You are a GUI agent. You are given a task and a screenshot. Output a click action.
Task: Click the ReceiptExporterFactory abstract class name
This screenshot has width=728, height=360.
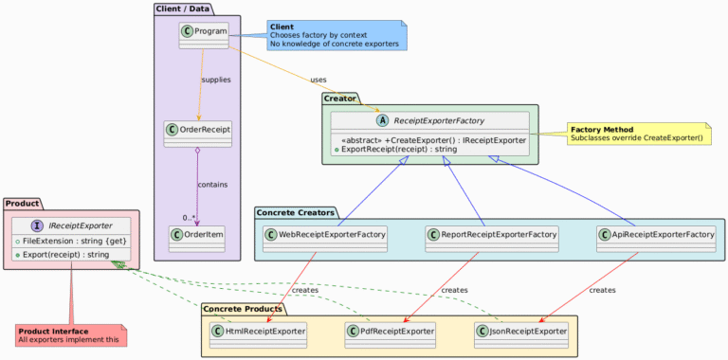click(439, 120)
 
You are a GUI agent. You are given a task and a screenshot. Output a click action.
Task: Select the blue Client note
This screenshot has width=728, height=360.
click(337, 35)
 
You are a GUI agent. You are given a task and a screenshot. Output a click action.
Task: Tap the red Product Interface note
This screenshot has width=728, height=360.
click(71, 334)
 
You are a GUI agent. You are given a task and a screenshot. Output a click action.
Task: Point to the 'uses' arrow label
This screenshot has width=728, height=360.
click(318, 80)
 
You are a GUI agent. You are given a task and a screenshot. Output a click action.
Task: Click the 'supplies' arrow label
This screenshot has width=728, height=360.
click(215, 80)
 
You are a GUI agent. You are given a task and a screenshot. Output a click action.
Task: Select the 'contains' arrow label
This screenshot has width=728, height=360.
click(211, 184)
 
